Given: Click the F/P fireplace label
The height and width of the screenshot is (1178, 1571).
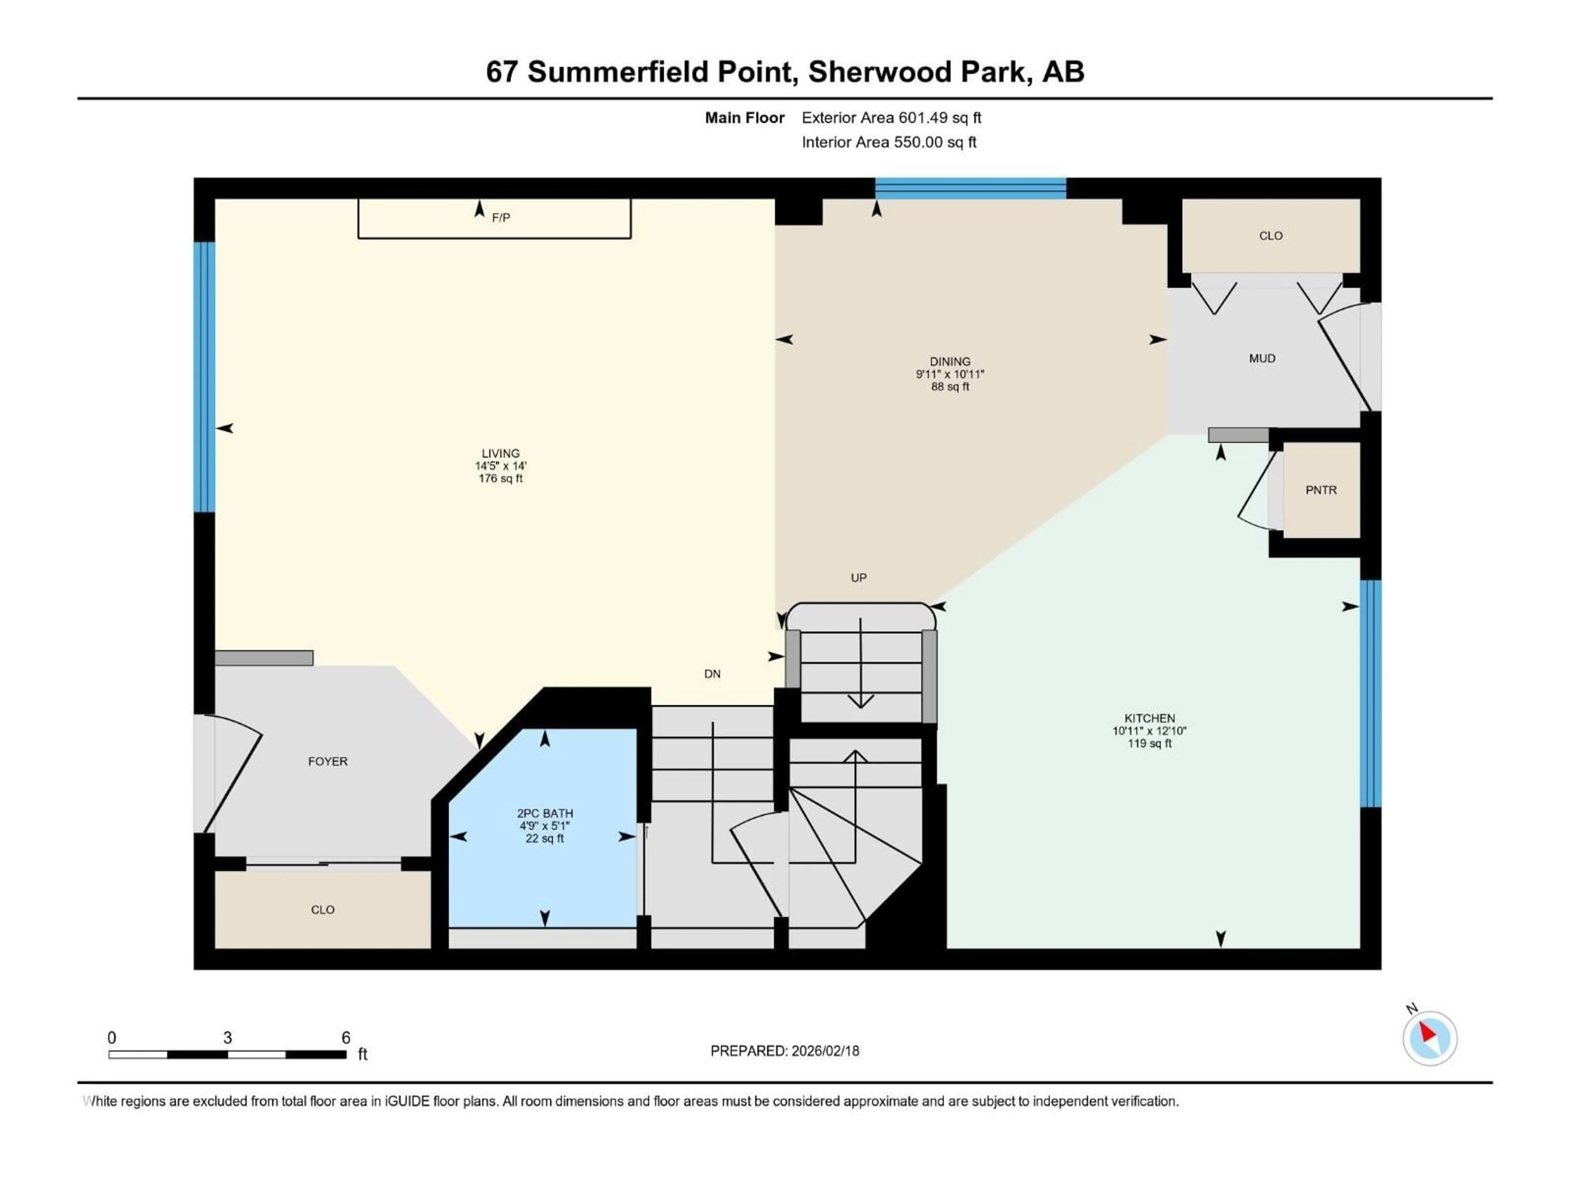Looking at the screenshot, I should point(501,217).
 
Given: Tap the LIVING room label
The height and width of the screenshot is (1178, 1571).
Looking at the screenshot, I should point(501,453).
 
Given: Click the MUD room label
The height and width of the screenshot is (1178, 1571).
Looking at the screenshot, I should point(1262,359).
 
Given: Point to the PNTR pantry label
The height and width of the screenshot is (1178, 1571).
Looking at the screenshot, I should point(1321,490).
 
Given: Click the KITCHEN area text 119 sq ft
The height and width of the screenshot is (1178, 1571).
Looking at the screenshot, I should point(1149,744).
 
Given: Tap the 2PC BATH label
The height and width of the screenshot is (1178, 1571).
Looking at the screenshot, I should point(545,813).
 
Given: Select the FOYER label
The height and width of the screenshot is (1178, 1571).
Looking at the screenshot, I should point(327,761).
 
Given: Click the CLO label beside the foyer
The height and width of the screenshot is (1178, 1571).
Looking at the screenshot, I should point(322,910).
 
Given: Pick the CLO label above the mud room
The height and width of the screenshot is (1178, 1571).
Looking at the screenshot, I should point(1271,236).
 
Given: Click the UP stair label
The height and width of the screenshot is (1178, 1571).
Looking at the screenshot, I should point(859,577).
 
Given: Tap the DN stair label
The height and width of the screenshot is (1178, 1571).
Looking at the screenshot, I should point(712,674).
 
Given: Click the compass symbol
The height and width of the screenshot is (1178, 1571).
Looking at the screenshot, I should point(1430,1038).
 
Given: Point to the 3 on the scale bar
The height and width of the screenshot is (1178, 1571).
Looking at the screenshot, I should point(227,1037).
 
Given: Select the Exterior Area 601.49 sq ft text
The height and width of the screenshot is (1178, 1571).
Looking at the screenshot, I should point(891,118).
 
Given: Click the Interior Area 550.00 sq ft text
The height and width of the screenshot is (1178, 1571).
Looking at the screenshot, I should point(889,142).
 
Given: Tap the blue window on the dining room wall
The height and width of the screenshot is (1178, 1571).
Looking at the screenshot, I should point(970,188).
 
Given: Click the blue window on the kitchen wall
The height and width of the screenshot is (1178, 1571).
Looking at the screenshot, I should point(1370,694).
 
